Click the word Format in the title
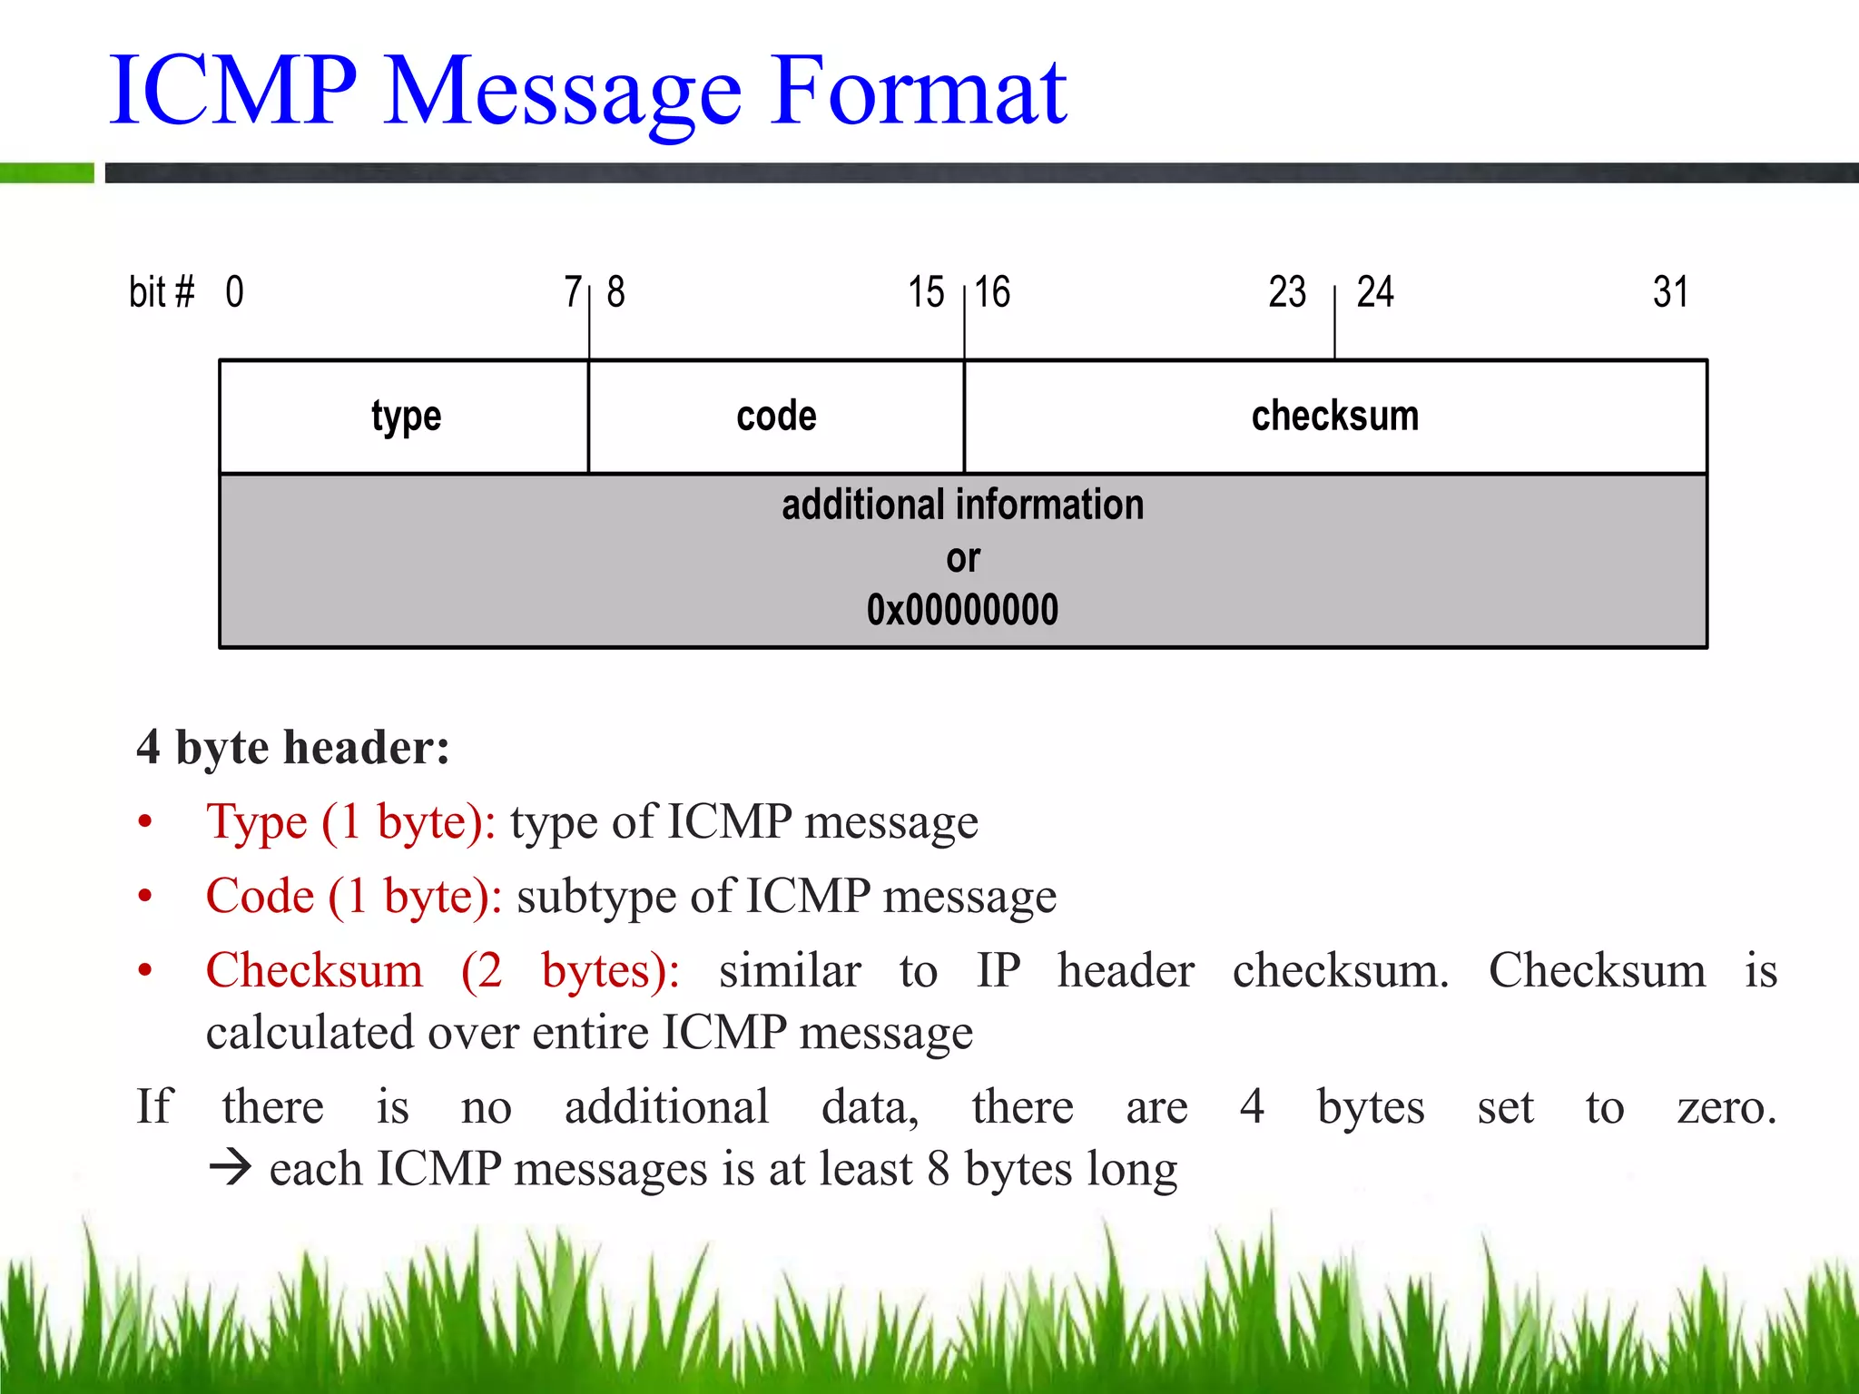(x=919, y=91)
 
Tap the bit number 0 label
(x=234, y=292)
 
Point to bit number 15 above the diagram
(x=926, y=292)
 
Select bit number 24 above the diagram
(x=1374, y=292)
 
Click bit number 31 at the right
(x=1670, y=292)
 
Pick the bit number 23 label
(x=1286, y=292)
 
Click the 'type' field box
(x=405, y=417)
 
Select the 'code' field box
(x=776, y=417)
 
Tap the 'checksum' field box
(x=1334, y=417)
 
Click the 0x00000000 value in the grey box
(x=962, y=610)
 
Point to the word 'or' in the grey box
(x=962, y=558)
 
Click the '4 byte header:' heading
(x=292, y=748)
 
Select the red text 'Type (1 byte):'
(x=350, y=822)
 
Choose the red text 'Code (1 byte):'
(x=354, y=897)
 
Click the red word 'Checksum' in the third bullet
(x=314, y=971)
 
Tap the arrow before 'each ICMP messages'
(x=230, y=1168)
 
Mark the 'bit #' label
(x=162, y=292)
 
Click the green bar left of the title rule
(x=46, y=172)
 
